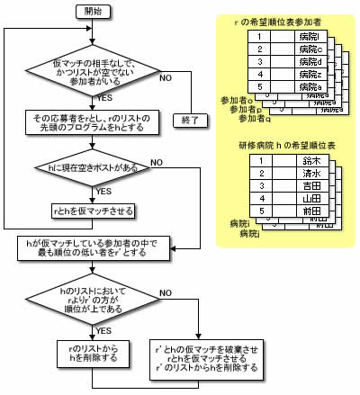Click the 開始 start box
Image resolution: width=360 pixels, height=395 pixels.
(x=93, y=13)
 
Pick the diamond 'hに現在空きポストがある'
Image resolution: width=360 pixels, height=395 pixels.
(x=93, y=168)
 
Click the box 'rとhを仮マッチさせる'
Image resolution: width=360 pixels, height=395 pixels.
(x=94, y=211)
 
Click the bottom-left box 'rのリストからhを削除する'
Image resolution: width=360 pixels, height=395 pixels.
(x=93, y=352)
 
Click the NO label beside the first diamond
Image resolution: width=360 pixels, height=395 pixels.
(x=165, y=79)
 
